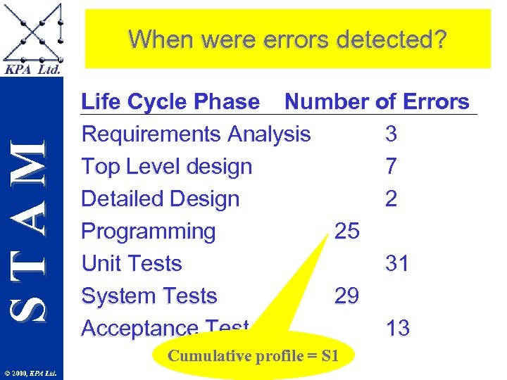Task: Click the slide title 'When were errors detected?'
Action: (x=287, y=39)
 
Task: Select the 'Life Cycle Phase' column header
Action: (x=170, y=102)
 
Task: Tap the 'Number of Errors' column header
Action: (x=377, y=102)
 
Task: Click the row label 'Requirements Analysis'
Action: (x=196, y=134)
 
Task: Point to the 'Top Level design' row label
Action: (x=167, y=167)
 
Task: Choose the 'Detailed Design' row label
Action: (x=161, y=199)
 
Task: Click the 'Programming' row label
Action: (x=149, y=232)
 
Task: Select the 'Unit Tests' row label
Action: (x=132, y=264)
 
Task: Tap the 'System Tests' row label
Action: (x=149, y=296)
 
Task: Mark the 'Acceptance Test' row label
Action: (x=165, y=327)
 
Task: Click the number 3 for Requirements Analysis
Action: (x=391, y=134)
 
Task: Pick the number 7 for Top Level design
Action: (x=391, y=167)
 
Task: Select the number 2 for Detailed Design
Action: (x=391, y=199)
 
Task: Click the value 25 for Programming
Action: (x=346, y=232)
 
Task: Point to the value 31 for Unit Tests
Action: (x=397, y=264)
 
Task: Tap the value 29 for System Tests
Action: (x=346, y=296)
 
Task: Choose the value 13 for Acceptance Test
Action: (x=397, y=328)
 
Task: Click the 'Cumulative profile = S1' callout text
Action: (x=254, y=355)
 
